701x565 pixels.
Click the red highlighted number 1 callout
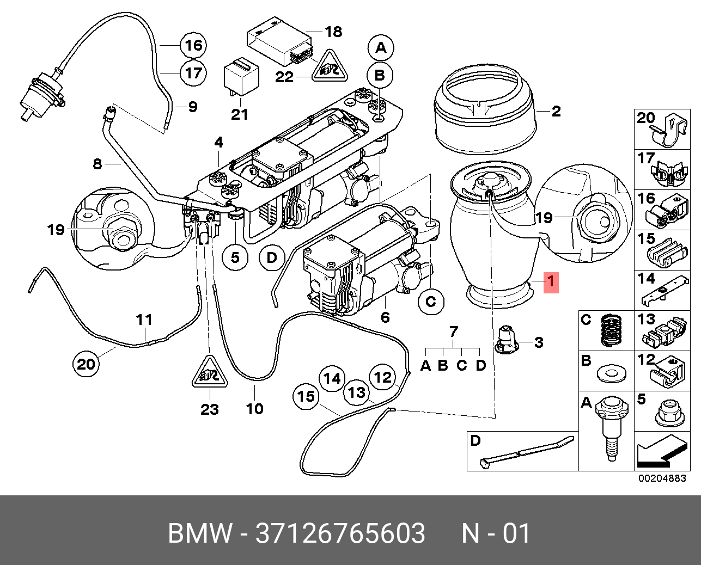[550, 282]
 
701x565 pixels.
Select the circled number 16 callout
[194, 45]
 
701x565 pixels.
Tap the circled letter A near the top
[381, 47]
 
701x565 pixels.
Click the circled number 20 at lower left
[86, 364]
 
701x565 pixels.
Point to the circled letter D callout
[272, 257]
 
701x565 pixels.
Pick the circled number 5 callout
[235, 257]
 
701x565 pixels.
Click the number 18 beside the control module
[333, 32]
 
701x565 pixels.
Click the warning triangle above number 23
[210, 373]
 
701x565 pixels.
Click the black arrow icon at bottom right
[661, 454]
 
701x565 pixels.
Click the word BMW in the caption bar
[199, 533]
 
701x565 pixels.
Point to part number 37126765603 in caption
[340, 533]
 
